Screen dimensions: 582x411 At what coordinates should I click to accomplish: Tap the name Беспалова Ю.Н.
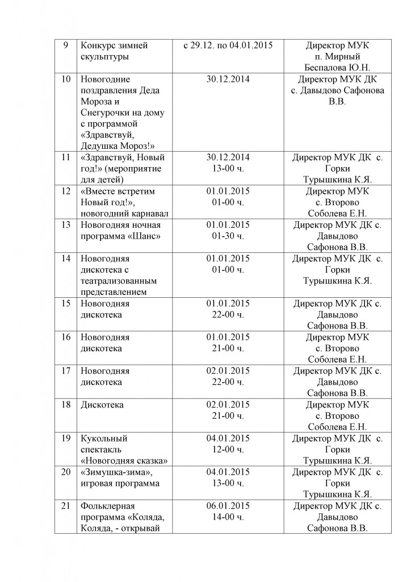(337, 68)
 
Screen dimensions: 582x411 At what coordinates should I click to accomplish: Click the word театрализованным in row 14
(118, 281)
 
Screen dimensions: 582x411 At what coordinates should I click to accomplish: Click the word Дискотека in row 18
(102, 405)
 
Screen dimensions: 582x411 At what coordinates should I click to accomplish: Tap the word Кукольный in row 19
(104, 438)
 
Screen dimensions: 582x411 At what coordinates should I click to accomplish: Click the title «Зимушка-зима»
(117, 472)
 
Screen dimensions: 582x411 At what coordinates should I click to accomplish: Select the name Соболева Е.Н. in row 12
(337, 213)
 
